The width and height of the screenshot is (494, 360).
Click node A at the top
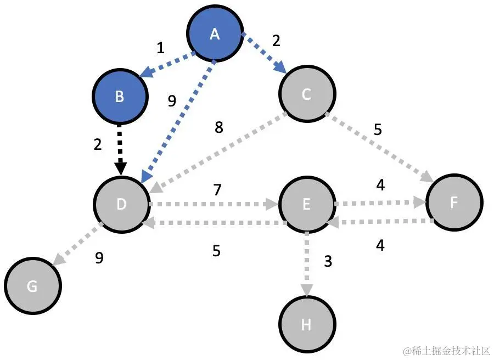point(215,35)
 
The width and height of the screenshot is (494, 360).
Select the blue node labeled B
point(120,97)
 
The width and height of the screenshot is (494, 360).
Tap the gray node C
point(307,95)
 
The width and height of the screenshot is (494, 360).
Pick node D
point(122,204)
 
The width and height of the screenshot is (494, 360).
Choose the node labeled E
point(307,205)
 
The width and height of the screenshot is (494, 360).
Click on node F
point(454,202)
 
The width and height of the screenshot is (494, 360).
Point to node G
point(32,286)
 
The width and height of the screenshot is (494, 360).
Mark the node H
point(307,325)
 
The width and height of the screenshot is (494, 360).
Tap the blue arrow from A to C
point(265,54)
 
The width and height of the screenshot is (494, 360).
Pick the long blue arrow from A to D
point(178,121)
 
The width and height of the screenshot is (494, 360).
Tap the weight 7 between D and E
point(217,190)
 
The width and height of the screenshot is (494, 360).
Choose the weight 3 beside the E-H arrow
point(328,261)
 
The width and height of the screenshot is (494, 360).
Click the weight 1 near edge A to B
point(160,48)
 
